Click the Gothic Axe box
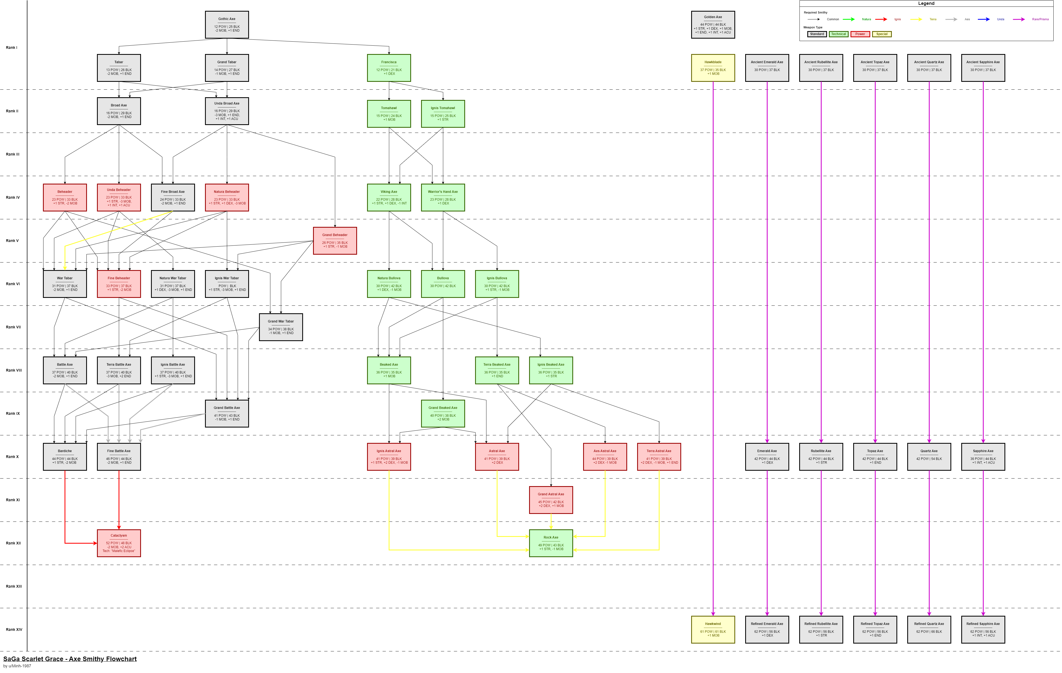(x=227, y=25)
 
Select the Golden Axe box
(x=713, y=25)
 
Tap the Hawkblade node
(x=713, y=68)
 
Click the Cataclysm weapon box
(x=119, y=543)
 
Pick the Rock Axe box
(x=551, y=543)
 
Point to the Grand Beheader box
(x=335, y=241)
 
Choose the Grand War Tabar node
(x=281, y=327)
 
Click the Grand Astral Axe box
(x=551, y=500)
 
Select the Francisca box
(x=389, y=68)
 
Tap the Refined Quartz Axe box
(x=929, y=629)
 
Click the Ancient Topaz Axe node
(x=875, y=68)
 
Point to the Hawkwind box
(x=713, y=629)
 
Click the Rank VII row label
(x=13, y=327)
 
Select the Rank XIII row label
(x=14, y=587)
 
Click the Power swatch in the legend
(x=860, y=34)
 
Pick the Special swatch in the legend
(x=882, y=34)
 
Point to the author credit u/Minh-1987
(x=17, y=666)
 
